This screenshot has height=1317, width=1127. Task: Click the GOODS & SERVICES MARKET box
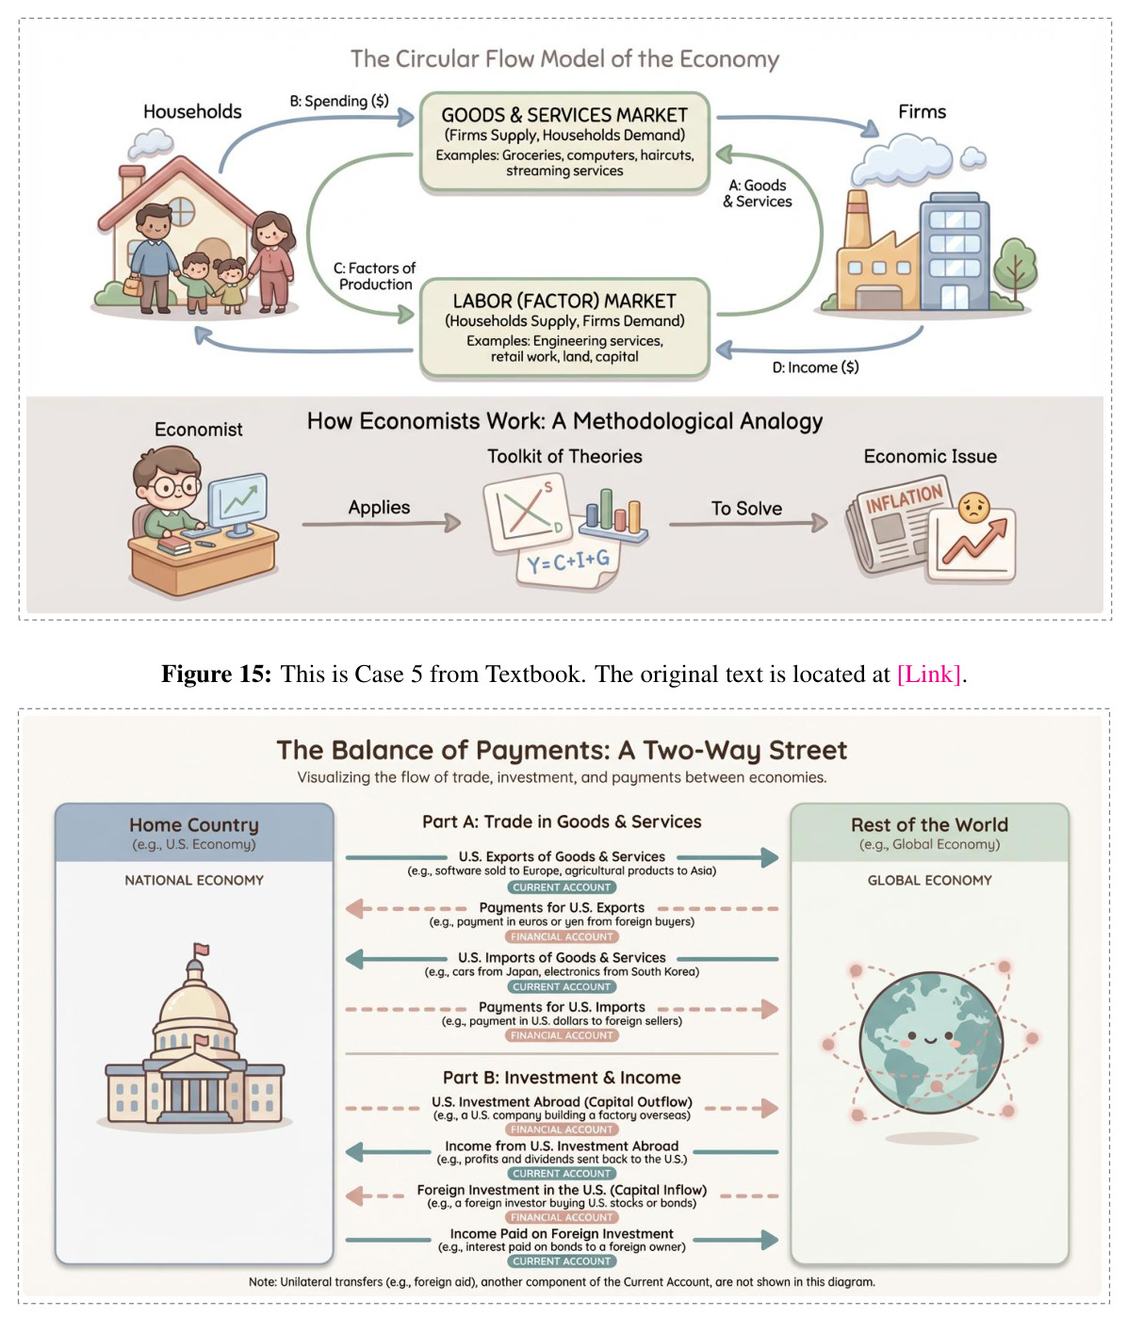[x=564, y=142]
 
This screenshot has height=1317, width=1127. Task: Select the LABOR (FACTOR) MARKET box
[x=564, y=328]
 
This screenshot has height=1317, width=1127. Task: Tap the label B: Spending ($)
[x=339, y=102]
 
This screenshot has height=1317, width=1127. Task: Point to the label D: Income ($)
[x=815, y=367]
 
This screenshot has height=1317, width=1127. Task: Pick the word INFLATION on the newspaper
[x=904, y=497]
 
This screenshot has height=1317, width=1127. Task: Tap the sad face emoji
[x=973, y=508]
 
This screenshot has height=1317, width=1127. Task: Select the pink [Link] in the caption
[x=929, y=675]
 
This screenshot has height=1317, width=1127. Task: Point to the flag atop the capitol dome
[x=202, y=950]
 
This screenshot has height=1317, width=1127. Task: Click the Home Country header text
[x=194, y=825]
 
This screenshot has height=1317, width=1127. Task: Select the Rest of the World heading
[x=929, y=825]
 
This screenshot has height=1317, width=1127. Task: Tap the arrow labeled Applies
[x=382, y=523]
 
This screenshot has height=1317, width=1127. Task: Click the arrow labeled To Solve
[x=748, y=523]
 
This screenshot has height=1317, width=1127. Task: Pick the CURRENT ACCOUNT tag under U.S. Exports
[x=562, y=886]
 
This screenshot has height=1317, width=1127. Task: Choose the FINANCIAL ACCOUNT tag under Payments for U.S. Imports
[x=562, y=1035]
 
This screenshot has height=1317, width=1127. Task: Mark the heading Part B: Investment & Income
[x=562, y=1078]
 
